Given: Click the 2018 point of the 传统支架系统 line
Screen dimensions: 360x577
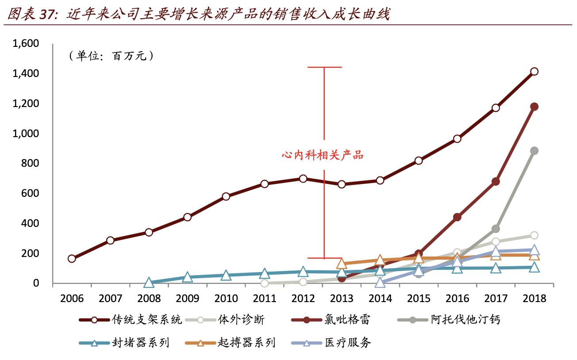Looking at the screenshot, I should [x=534, y=72].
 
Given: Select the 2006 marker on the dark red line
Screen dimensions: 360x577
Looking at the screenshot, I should [x=72, y=259].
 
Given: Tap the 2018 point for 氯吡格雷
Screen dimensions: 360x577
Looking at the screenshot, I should [x=534, y=107].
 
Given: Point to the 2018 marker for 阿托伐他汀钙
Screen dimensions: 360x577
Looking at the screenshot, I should [x=534, y=151].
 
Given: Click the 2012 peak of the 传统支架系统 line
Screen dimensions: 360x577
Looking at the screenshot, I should [x=303, y=179].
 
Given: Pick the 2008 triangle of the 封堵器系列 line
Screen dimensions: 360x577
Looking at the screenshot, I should [x=149, y=283].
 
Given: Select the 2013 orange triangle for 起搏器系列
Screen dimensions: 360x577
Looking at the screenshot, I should [x=342, y=264].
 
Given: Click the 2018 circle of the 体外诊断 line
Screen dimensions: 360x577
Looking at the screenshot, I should [x=534, y=235].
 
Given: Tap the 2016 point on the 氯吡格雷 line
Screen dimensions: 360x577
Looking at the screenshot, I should [x=457, y=217].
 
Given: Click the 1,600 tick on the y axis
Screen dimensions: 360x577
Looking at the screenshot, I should [x=26, y=43].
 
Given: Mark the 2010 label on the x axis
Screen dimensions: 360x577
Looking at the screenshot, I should [x=226, y=299].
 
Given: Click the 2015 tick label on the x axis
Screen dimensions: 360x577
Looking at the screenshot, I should [x=419, y=299].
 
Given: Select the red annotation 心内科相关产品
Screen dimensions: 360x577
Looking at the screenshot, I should [x=323, y=155].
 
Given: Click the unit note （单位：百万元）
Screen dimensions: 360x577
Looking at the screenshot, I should [x=111, y=56].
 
